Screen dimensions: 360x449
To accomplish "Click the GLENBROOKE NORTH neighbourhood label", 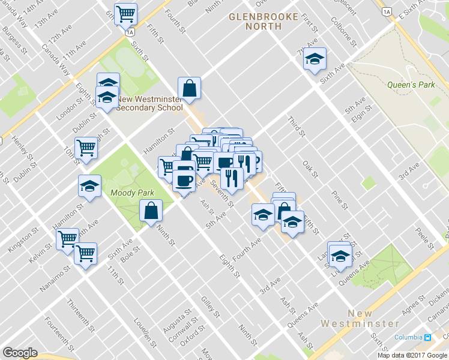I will point(264,21).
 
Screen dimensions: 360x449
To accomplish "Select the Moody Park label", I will point(132,193).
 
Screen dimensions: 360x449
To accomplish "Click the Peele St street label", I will point(427,239).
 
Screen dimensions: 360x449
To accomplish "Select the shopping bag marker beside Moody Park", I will point(151,211).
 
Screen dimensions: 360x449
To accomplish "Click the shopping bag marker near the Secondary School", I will point(190,88).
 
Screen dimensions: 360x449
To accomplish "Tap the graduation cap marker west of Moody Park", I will point(90,187).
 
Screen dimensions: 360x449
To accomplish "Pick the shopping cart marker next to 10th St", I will point(86,148).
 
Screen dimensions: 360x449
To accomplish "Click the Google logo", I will point(20,353).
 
